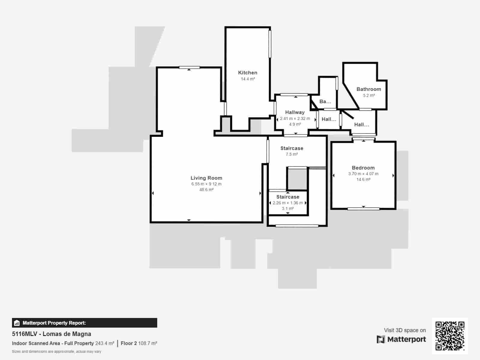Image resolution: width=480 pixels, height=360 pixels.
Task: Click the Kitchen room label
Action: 247,73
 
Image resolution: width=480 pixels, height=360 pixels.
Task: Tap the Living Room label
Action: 206,178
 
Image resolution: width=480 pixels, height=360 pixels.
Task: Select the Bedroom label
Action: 363,168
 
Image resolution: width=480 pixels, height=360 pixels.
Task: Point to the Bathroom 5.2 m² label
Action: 369,92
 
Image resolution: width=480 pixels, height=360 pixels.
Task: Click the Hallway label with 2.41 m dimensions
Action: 295,112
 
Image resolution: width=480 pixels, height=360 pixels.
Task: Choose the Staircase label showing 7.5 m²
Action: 292,148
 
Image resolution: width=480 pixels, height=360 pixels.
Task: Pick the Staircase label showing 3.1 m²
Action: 288,197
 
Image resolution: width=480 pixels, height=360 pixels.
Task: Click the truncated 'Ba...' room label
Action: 325,101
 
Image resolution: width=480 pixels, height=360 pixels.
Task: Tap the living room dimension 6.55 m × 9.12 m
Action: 206,184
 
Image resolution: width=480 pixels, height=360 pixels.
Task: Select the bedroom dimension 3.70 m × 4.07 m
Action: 363,174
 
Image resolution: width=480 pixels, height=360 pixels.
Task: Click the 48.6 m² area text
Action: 206,190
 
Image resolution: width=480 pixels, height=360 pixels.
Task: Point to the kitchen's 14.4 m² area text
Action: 247,79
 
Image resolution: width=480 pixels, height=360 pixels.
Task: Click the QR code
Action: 450,336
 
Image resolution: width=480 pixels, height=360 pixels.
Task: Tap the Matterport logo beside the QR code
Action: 401,339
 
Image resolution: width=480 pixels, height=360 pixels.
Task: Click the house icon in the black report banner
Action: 16,323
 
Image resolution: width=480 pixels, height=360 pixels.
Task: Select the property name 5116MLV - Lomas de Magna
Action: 51,334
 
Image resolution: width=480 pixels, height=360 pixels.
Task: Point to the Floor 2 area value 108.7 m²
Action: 148,343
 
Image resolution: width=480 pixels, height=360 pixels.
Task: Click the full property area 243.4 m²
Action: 104,343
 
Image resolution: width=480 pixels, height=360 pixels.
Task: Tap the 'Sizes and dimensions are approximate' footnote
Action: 56,352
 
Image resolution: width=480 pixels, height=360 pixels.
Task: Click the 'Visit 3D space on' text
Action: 405,330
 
